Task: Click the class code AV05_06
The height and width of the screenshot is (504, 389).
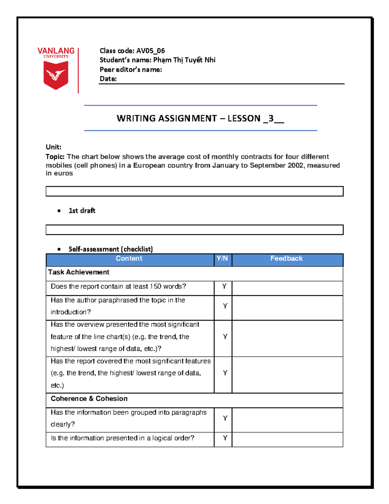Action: (150, 51)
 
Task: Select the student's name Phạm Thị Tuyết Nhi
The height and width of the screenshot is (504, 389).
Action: (184, 60)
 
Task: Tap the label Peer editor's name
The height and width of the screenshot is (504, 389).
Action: (131, 69)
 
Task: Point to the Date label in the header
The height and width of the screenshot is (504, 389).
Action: (108, 79)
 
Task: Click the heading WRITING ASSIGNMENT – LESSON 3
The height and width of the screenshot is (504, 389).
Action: (200, 118)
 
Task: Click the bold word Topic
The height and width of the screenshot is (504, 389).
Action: (55, 157)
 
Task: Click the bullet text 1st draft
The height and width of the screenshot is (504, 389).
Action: (82, 211)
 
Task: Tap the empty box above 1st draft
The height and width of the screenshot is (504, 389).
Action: (194, 191)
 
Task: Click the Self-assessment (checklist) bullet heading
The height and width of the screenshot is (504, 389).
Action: (111, 249)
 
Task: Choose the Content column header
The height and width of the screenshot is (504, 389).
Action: (129, 259)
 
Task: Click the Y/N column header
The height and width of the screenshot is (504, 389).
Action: (222, 259)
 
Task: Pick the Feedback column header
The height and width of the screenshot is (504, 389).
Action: (287, 259)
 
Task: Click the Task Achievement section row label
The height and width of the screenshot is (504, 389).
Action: (79, 272)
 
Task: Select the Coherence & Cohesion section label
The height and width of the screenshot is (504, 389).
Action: (89, 399)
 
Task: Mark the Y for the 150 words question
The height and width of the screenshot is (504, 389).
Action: (224, 287)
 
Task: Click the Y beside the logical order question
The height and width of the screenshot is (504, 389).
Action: (225, 438)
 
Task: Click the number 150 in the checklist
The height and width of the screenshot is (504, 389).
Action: (155, 287)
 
